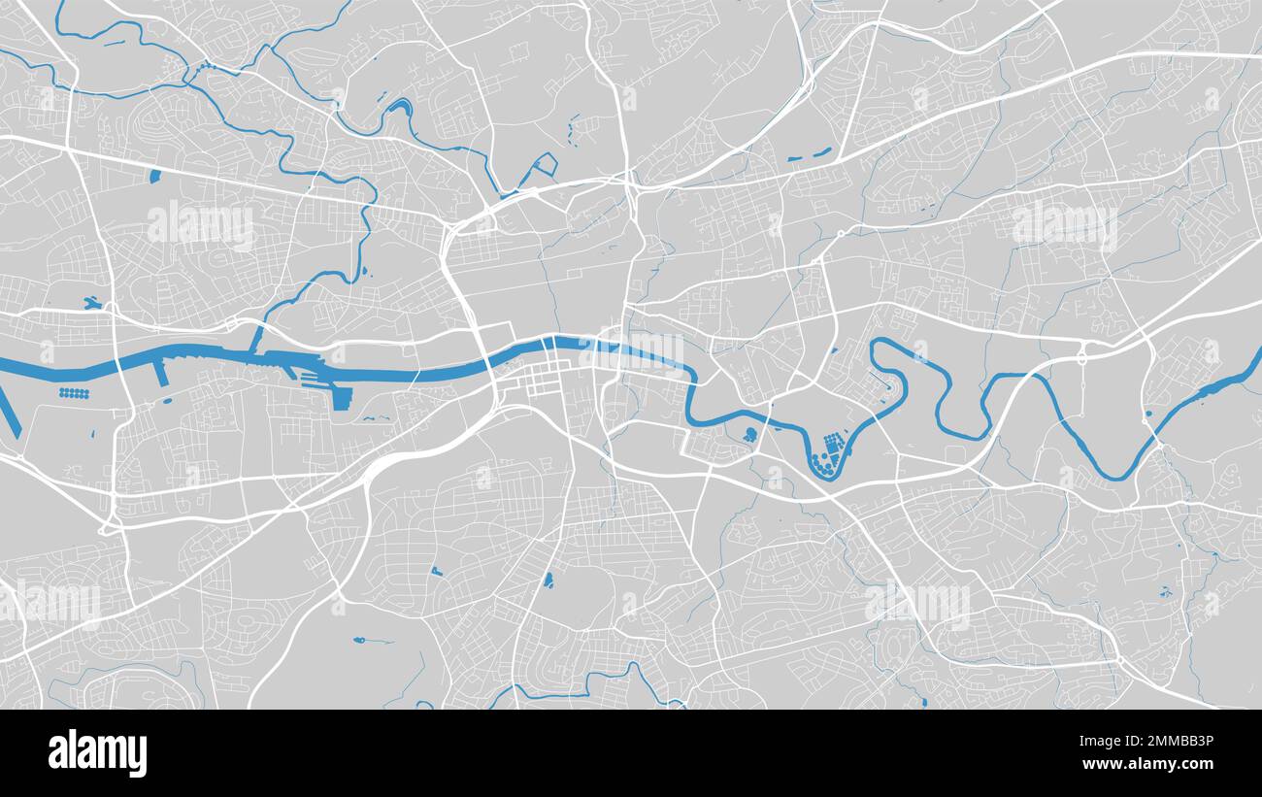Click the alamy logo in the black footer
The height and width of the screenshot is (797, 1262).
tap(98, 753)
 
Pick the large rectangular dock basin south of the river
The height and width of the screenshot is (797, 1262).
tap(342, 397)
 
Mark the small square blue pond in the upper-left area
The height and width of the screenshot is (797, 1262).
tap(155, 176)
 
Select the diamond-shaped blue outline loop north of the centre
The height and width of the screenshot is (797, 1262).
tap(544, 164)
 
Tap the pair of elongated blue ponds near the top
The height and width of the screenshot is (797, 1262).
tap(809, 154)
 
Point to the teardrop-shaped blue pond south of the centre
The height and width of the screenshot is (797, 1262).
tap(548, 581)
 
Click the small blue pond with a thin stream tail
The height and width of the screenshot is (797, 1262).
tap(361, 640)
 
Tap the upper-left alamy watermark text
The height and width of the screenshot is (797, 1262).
tap(201, 225)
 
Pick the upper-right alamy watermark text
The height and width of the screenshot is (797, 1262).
tap(1064, 225)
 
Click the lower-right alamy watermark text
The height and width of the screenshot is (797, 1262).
tap(916, 604)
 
